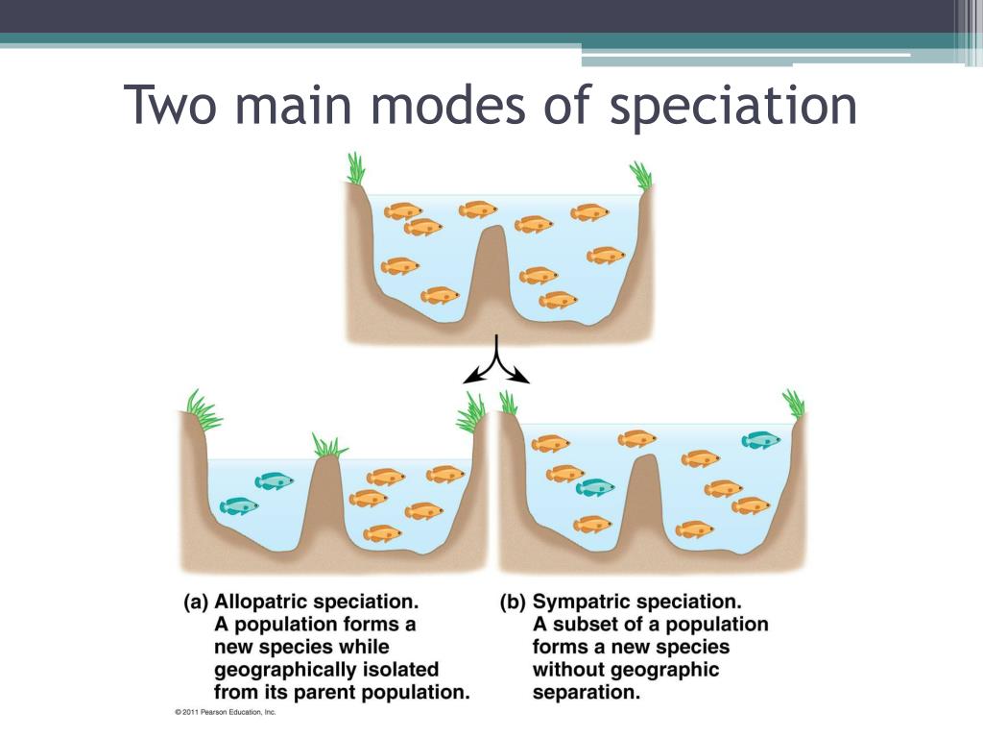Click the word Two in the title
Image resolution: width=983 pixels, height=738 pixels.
(172, 105)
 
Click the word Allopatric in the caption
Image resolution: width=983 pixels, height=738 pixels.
(266, 603)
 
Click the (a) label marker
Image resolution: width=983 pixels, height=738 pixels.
(196, 603)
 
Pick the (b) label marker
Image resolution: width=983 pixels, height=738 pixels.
(513, 603)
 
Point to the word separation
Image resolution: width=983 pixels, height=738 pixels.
(586, 691)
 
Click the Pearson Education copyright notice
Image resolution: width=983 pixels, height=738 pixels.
(226, 712)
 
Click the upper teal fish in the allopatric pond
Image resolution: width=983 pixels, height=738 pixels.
(274, 480)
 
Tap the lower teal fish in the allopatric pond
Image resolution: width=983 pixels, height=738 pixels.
(239, 505)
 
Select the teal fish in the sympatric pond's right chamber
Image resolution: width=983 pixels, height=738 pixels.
(760, 439)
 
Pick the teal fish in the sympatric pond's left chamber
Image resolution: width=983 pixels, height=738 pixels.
(594, 487)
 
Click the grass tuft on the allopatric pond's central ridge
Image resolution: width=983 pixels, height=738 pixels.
(328, 446)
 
